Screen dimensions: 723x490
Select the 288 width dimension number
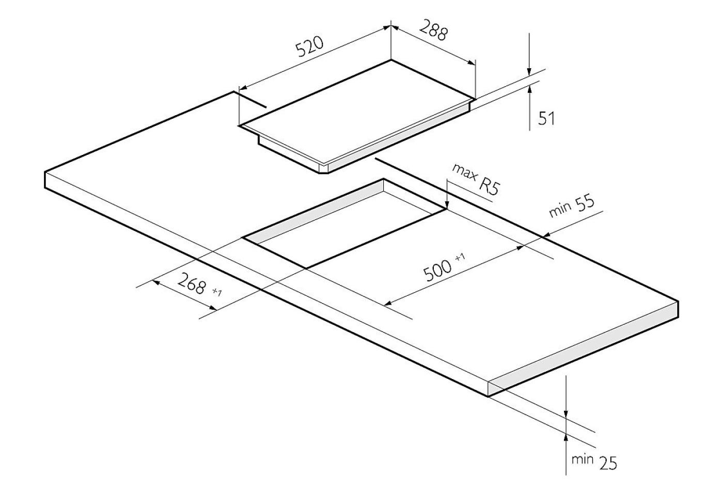[434, 30]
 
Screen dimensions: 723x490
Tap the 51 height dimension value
[546, 118]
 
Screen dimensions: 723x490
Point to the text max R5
[476, 182]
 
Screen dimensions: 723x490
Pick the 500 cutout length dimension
[438, 271]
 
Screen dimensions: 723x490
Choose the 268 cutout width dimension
[192, 283]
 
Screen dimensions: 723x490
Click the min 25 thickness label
[594, 462]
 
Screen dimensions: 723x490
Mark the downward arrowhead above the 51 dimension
[529, 73]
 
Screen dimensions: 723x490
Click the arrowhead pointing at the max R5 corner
[447, 204]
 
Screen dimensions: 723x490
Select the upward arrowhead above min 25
[565, 438]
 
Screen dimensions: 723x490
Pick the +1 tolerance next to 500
[460, 257]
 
